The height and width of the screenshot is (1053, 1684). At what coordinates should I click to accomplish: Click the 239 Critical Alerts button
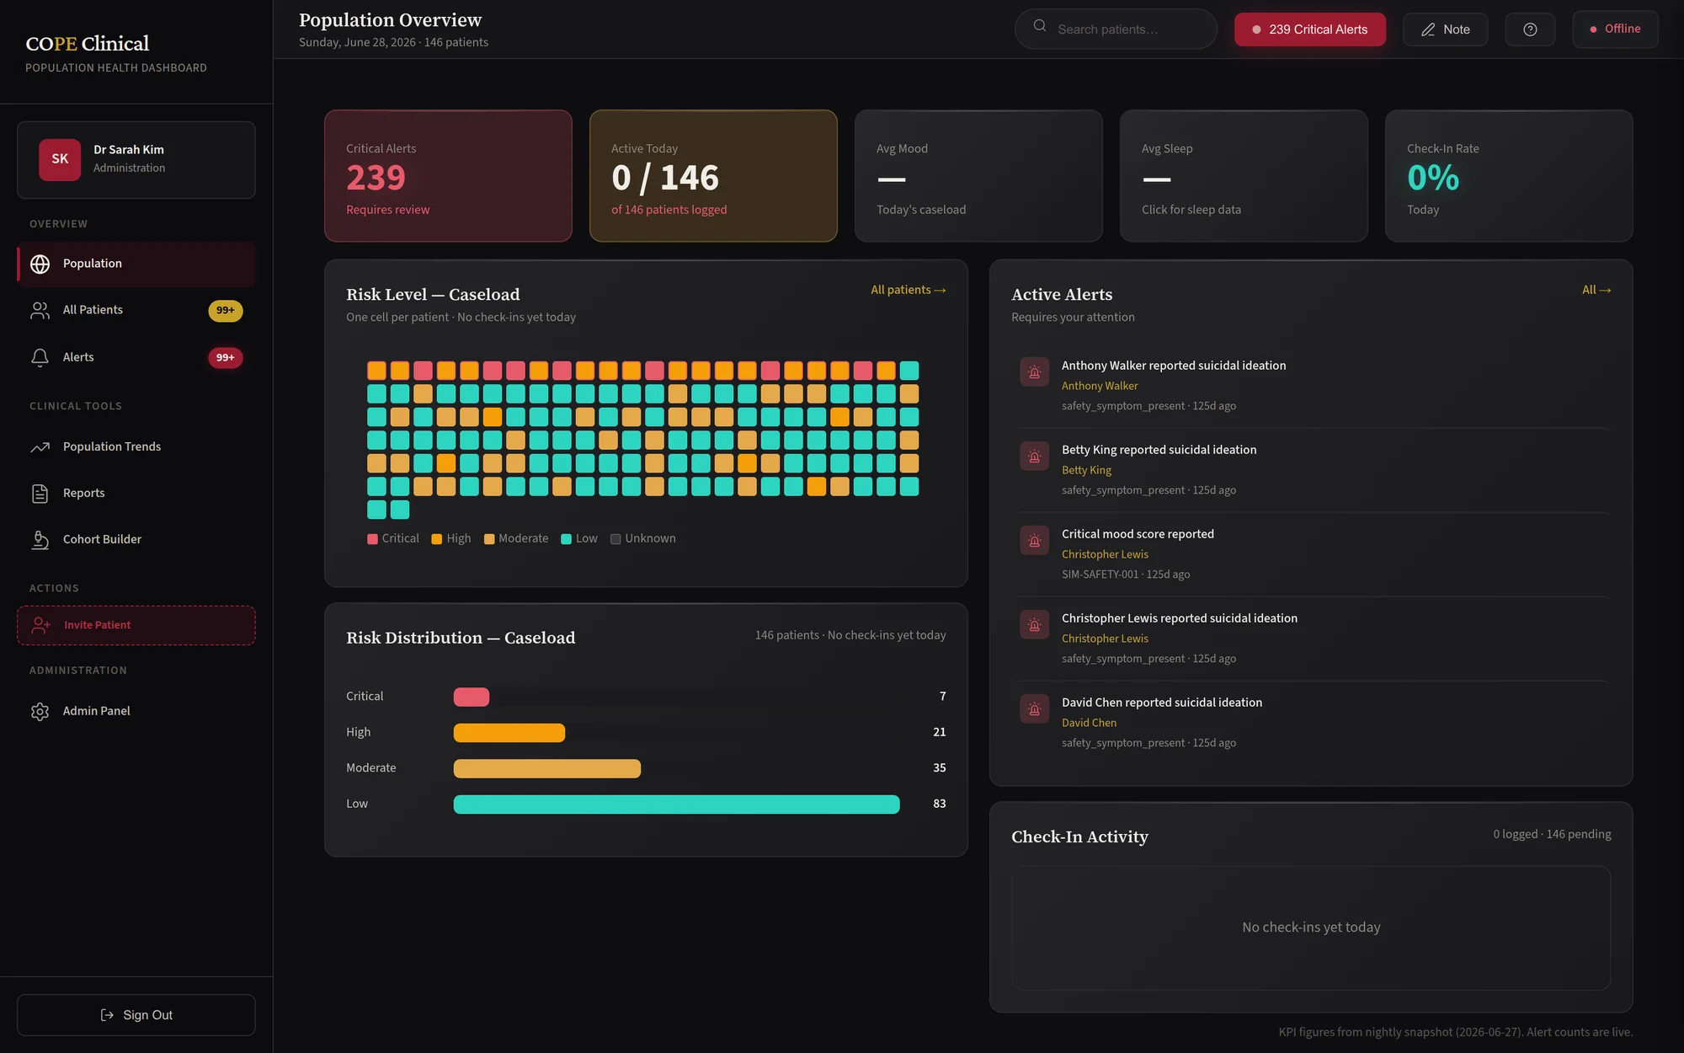coord(1309,29)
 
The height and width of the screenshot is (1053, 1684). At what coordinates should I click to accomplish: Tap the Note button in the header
coord(1445,29)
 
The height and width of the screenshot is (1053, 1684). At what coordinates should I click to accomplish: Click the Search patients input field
coord(1116,29)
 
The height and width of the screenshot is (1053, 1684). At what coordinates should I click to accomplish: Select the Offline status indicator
coord(1615,29)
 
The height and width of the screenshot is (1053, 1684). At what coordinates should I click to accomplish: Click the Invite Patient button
coord(136,625)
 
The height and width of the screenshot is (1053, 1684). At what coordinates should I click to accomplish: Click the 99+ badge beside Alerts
coord(225,357)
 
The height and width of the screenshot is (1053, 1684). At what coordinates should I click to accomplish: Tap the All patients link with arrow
coord(909,290)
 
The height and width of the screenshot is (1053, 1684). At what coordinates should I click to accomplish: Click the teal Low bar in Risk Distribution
coord(676,804)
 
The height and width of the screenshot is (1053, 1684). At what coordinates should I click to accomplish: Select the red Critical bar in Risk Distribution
coord(472,697)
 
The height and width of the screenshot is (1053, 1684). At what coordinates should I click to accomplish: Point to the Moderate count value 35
coord(940,768)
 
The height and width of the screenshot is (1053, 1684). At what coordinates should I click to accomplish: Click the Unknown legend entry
coord(643,539)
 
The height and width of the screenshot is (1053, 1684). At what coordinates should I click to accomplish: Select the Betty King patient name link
coord(1086,470)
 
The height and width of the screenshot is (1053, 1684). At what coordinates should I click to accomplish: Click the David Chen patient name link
coord(1089,723)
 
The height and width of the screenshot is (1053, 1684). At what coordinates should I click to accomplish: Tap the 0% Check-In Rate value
coord(1433,178)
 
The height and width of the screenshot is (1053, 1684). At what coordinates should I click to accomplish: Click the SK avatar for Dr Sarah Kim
coord(60,159)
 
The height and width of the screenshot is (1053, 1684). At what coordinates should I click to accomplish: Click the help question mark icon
coord(1530,29)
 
